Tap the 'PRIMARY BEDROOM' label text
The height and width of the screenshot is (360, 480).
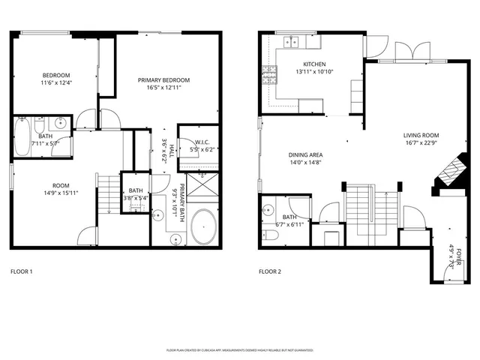point(163,80)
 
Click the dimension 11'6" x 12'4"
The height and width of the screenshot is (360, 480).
point(56,83)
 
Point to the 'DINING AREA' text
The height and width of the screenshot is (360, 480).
point(305,154)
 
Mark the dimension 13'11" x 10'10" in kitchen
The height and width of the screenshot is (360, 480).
point(313,72)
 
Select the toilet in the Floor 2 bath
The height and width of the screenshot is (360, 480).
point(274,236)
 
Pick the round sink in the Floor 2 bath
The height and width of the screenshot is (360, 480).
point(268,211)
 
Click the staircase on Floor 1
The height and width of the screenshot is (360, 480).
point(110,193)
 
